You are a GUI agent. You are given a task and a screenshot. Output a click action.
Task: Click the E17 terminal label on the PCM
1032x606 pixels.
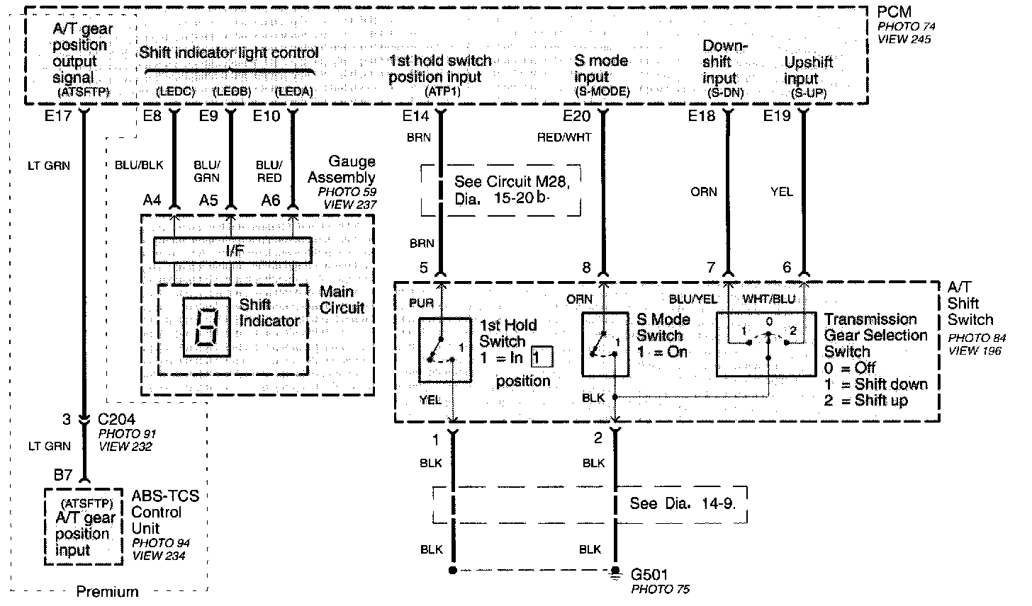tap(57, 116)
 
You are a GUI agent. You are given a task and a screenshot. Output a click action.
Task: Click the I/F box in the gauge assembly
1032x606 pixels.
tap(232, 251)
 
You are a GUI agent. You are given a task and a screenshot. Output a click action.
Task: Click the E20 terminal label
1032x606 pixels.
tap(577, 116)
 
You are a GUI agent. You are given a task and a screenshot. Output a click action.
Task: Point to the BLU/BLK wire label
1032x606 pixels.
tap(139, 165)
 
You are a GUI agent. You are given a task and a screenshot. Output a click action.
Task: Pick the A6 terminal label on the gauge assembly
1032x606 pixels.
tap(271, 201)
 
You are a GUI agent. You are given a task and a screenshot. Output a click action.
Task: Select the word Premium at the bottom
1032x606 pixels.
tap(107, 592)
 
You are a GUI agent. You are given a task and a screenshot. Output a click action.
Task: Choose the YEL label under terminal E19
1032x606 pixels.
tap(782, 192)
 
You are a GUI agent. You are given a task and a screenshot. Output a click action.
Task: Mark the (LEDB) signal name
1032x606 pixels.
tap(232, 92)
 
